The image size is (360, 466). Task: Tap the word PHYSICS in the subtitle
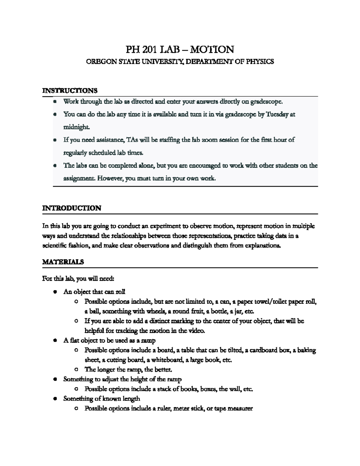(260, 62)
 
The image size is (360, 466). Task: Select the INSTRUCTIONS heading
(70, 90)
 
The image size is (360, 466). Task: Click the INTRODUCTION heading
(72, 208)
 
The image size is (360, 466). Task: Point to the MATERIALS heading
(63, 262)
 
